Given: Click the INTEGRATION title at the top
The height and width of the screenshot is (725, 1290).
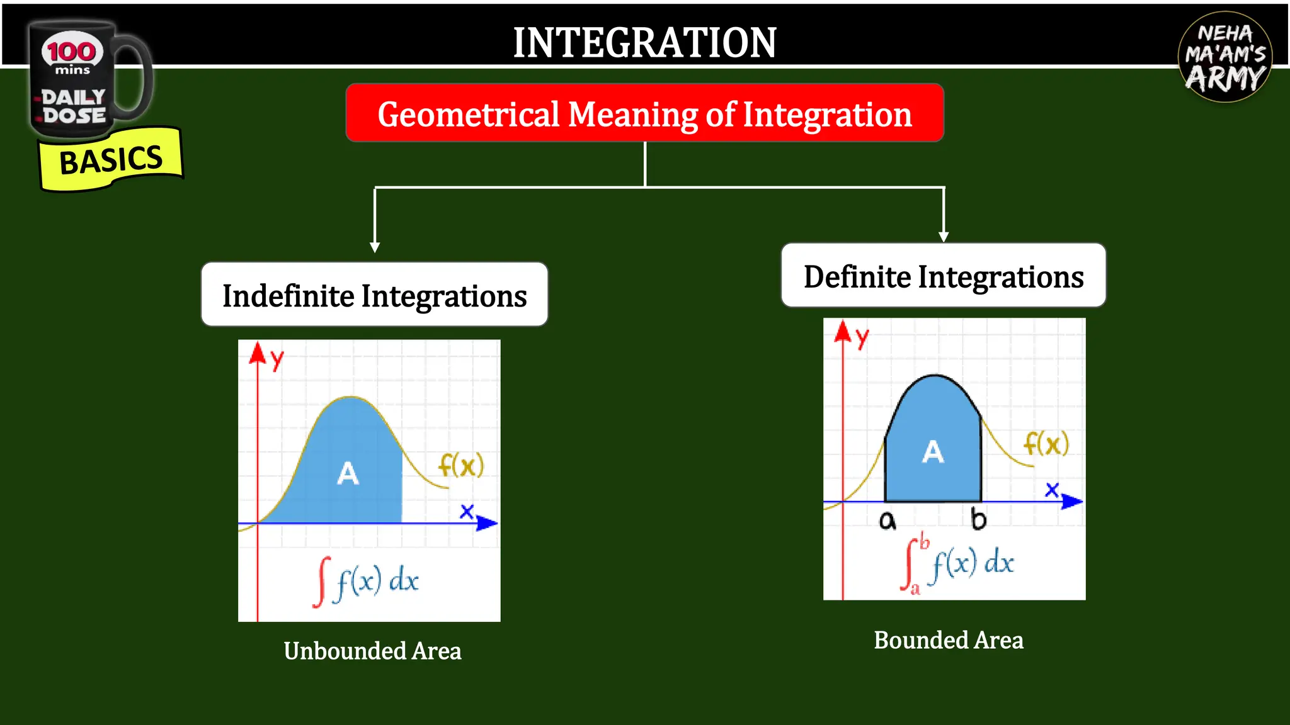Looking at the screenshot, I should coord(644,43).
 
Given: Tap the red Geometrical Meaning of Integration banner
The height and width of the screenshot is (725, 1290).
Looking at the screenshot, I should coord(644,114).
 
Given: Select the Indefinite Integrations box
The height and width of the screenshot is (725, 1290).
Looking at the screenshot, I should coord(374,295).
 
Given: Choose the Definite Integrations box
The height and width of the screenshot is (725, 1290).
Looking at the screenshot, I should coord(943,276).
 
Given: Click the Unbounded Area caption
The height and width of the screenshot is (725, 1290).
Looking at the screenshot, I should coord(372,651).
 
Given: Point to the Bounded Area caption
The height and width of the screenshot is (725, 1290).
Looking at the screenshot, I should coord(948,640).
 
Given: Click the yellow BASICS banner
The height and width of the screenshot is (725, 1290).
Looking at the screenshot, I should coord(111,159).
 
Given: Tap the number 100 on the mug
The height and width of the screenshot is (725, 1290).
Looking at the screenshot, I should coord(72,52).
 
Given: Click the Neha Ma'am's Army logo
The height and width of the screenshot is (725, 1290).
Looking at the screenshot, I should coord(1224,57).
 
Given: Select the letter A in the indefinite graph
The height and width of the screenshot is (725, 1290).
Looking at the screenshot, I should coord(348,473).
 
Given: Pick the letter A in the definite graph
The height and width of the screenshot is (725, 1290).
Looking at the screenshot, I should coord(933,451).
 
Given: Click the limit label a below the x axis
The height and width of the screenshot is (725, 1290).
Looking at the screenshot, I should coord(887,520).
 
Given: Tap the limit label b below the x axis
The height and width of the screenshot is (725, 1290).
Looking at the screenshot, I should coord(978,519).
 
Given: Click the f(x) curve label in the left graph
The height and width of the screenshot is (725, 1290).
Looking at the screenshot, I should coord(461,466).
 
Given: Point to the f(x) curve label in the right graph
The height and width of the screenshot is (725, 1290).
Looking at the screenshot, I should coord(1046,444).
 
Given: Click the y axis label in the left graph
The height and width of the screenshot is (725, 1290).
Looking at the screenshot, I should coord(277,360).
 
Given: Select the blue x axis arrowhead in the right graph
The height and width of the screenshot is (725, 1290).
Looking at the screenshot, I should coord(1071,502).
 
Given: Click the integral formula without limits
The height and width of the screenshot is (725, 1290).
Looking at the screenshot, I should coord(366,581).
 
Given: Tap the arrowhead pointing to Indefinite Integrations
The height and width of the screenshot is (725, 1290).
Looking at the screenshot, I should coord(375,247).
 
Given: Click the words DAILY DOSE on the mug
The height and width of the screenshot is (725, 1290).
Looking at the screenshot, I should coord(73,106).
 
